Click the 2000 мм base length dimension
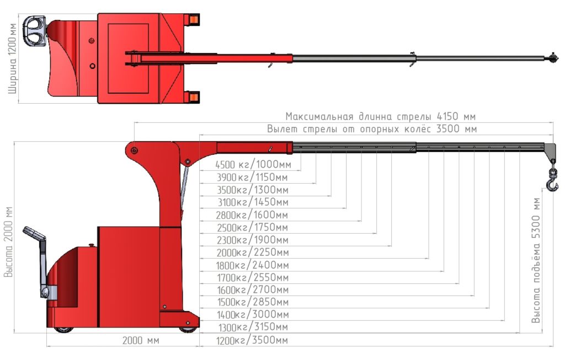[x=141, y=341]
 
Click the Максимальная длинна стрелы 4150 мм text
[x=380, y=116]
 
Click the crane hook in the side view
[x=552, y=181]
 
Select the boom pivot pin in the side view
[x=134, y=151]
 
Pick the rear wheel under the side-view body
[x=63, y=330]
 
